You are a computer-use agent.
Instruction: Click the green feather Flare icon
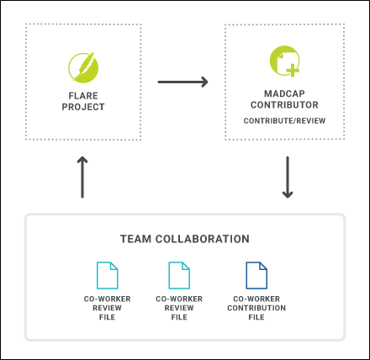point(83,67)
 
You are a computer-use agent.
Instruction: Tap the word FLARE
point(83,96)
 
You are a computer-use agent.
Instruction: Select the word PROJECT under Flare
point(83,107)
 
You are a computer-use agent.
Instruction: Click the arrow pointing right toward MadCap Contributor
point(182,82)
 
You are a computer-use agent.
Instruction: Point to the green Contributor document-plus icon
point(285,61)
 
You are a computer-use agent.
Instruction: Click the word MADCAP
point(284,93)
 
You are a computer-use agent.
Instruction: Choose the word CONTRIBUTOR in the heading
point(284,105)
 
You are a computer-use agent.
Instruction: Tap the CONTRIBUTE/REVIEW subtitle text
point(284,121)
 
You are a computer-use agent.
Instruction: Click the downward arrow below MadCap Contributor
point(288,177)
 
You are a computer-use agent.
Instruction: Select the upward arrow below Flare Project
point(82,177)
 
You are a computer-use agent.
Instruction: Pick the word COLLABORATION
point(203,239)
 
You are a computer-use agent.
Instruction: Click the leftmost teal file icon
point(107,275)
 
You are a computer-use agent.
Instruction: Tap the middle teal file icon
point(179,275)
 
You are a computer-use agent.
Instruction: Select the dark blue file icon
point(256,275)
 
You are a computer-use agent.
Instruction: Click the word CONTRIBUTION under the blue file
point(256,308)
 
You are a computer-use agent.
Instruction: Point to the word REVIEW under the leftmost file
point(107,308)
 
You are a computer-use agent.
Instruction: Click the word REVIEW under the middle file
point(179,308)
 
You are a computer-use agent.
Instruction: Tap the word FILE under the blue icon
point(256,317)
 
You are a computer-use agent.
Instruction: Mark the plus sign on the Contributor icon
point(293,71)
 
